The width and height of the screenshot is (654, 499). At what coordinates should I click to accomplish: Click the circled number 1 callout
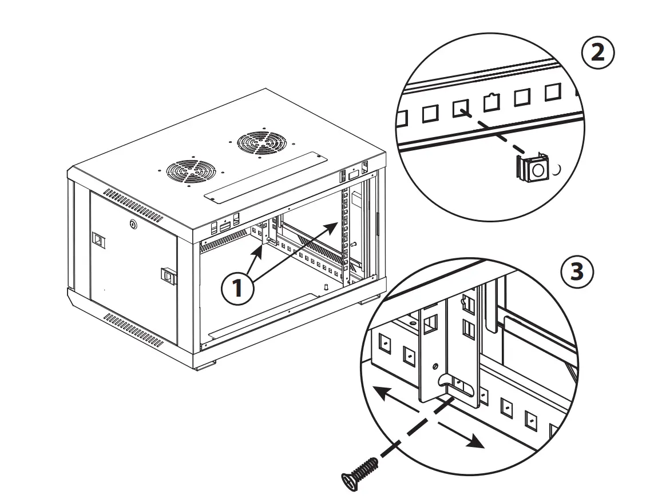coord(236,288)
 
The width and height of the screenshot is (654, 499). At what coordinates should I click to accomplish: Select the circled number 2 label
coord(597,53)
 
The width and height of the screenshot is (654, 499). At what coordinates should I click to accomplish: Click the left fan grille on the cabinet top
coord(191,170)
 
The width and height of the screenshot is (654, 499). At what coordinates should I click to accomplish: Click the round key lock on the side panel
coord(133,225)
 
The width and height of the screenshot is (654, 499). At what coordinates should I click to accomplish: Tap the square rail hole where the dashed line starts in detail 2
coord(461,107)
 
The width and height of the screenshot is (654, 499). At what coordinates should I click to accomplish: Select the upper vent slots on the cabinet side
coord(133,205)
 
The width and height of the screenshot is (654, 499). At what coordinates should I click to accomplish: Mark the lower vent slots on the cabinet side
coord(133,330)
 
